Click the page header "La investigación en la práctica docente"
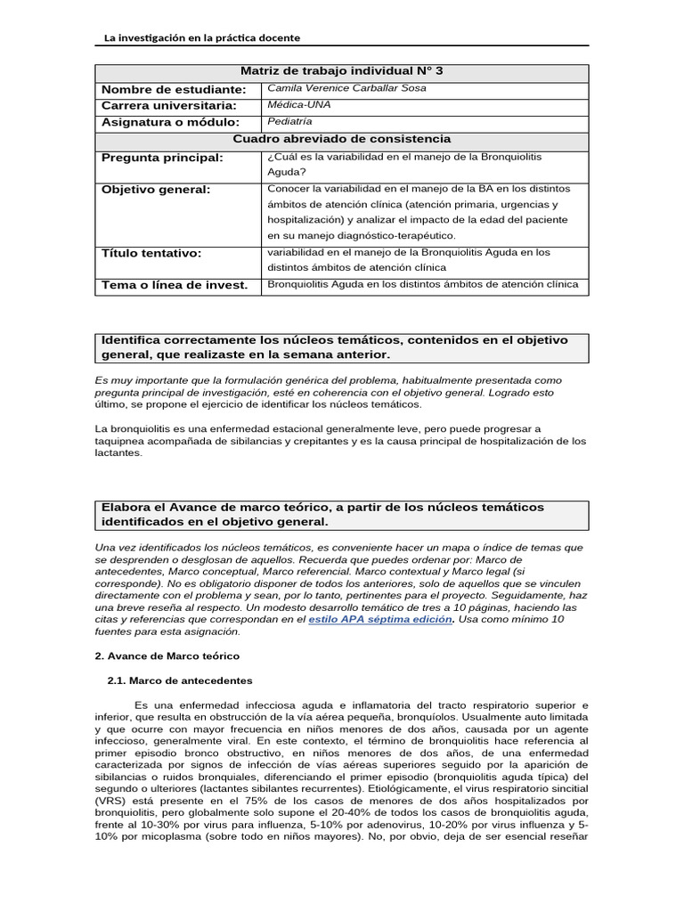(x=202, y=37)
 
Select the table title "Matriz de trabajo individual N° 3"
(x=341, y=72)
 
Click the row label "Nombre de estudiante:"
(x=173, y=89)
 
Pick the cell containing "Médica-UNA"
(x=298, y=104)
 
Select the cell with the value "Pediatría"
(x=290, y=121)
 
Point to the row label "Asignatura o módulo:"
(x=170, y=122)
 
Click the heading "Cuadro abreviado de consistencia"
(x=341, y=139)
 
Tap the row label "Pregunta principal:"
(x=162, y=158)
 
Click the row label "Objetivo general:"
(x=156, y=190)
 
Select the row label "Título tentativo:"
(x=152, y=254)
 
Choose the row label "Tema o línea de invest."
(x=175, y=286)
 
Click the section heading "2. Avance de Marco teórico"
(x=167, y=655)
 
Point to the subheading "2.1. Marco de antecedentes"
(x=179, y=680)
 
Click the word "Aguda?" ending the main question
(x=286, y=172)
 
